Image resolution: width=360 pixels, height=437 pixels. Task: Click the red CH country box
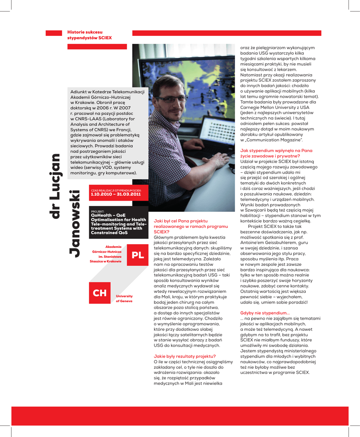[100, 293]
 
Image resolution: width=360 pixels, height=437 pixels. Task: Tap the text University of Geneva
[124, 298]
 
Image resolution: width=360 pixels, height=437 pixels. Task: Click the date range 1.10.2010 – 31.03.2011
[116, 194]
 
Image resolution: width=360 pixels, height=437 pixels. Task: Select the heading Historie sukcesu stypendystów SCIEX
[90, 35]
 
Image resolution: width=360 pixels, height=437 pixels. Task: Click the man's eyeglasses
[170, 99]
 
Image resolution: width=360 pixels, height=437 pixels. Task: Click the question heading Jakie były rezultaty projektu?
[184, 356]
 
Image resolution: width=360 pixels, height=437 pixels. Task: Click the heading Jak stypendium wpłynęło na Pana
[276, 151]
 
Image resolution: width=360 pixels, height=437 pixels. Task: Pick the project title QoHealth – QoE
[108, 216]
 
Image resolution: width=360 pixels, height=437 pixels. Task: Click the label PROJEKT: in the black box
[98, 211]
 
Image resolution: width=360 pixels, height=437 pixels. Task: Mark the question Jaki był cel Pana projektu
[181, 221]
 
